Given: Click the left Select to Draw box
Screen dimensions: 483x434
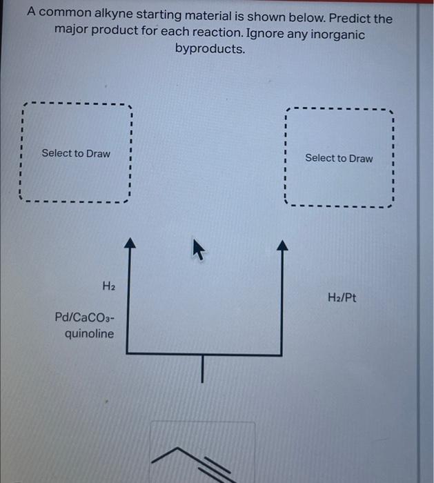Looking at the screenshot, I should pyautogui.click(x=75, y=153).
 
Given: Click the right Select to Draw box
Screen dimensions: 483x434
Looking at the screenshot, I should pyautogui.click(x=338, y=158).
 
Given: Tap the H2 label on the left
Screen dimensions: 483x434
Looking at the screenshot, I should pyautogui.click(x=108, y=285).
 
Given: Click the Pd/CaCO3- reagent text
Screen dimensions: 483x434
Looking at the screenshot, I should pyautogui.click(x=85, y=318).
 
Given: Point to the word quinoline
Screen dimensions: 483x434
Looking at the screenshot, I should pyautogui.click(x=90, y=334).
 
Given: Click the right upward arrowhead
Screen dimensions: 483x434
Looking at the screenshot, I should pyautogui.click(x=281, y=244).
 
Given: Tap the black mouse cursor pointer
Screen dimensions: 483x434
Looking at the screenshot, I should pyautogui.click(x=197, y=252).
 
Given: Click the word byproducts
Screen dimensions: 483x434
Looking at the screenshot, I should pyautogui.click(x=210, y=49).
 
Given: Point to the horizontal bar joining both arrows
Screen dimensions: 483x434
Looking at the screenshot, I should pyautogui.click(x=204, y=354).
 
